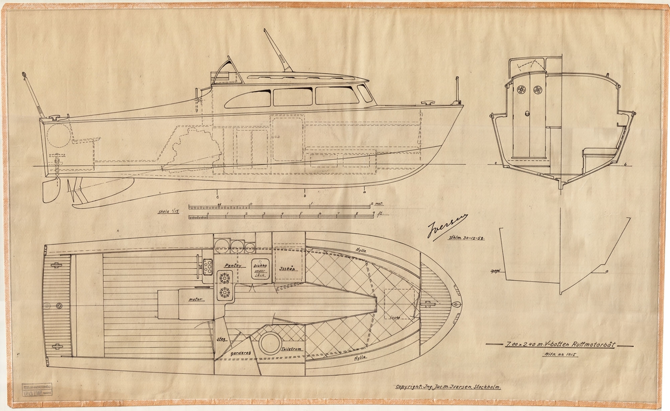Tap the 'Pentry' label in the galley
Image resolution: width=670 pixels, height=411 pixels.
point(231,266)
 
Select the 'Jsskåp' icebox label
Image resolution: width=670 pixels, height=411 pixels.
point(287,268)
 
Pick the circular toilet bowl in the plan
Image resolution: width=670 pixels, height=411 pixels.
point(268,341)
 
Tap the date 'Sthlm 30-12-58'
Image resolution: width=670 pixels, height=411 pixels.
point(466,238)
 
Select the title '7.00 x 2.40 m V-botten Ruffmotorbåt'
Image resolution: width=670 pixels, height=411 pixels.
point(552,345)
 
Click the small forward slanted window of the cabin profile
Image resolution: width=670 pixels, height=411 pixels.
point(365,93)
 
